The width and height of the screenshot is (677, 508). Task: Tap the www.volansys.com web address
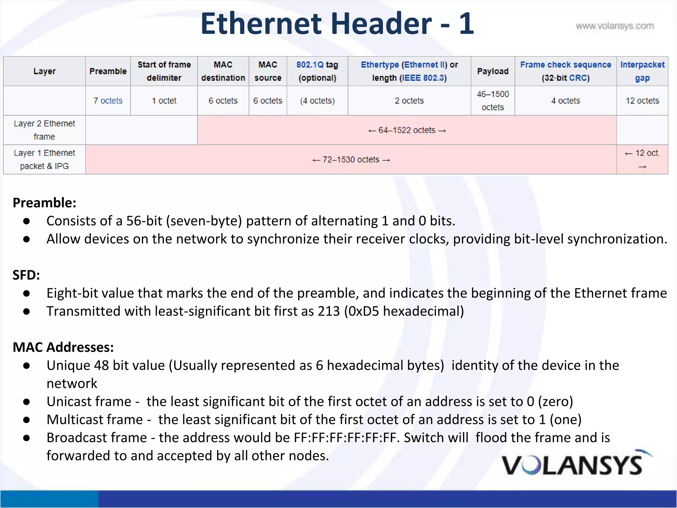tap(615, 26)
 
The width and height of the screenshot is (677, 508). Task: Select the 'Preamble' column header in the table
tap(108, 71)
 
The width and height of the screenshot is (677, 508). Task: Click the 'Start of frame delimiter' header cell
tap(164, 71)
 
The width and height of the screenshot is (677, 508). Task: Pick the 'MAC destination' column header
tap(223, 71)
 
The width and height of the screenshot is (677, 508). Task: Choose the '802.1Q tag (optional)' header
tap(317, 71)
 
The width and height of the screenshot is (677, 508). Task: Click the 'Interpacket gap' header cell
tap(642, 71)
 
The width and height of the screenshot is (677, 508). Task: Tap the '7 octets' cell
tap(108, 101)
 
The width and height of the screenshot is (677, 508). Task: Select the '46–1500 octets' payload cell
tap(493, 101)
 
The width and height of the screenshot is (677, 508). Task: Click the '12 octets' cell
tap(642, 101)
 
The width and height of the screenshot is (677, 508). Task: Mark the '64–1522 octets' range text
tap(407, 130)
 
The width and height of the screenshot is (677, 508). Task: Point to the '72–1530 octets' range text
tap(351, 160)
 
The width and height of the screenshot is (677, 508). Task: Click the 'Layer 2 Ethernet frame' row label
tap(44, 130)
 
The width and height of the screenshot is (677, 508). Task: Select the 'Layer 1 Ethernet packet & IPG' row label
tap(44, 159)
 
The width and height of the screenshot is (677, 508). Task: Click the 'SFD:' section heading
tap(26, 275)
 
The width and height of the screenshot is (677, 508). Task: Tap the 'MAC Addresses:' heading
tap(63, 347)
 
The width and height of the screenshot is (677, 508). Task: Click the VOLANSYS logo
tap(575, 464)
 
